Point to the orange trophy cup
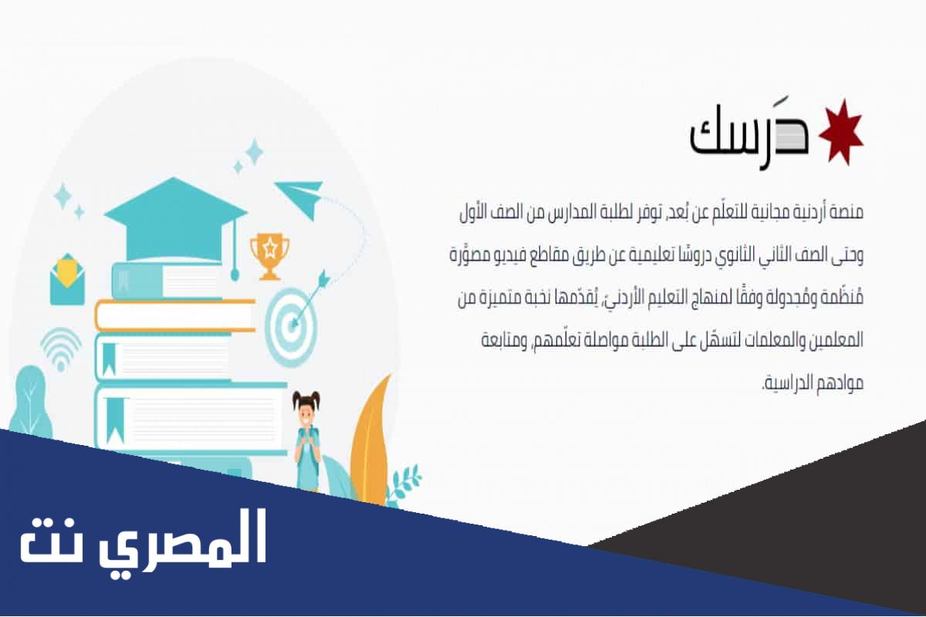coord(269,256)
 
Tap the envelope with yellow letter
coord(67,279)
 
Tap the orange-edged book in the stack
coord(175,315)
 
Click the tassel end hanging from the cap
coord(235,275)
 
